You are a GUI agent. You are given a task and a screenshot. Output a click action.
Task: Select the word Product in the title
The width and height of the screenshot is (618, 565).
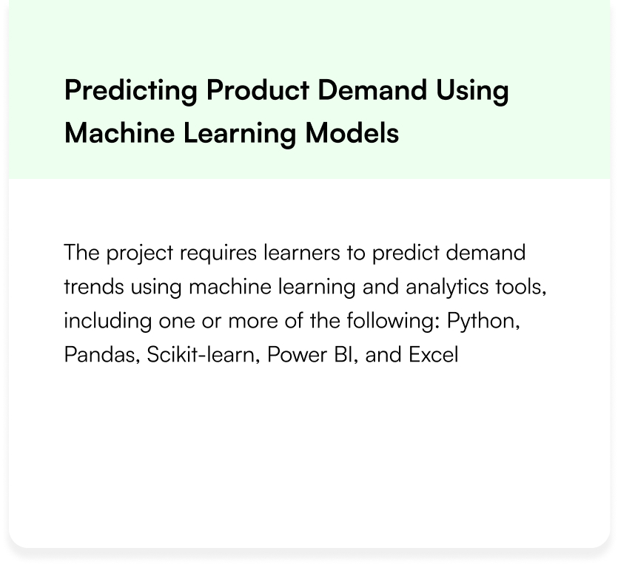click(258, 89)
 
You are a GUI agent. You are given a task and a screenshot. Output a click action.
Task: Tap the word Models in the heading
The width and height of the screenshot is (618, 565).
click(352, 132)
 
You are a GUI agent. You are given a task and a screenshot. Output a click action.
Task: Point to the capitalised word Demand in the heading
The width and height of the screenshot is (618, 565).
click(372, 89)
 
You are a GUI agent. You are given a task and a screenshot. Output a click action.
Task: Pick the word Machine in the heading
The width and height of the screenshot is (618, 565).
click(119, 132)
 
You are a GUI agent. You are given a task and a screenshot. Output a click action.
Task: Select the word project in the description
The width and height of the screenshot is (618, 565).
click(140, 254)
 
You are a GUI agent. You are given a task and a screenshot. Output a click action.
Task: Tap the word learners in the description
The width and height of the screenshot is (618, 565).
click(302, 252)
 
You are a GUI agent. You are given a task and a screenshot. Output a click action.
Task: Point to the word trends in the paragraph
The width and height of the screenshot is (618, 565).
click(94, 287)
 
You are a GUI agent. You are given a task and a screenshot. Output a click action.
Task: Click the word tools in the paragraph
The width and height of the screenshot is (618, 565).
click(520, 287)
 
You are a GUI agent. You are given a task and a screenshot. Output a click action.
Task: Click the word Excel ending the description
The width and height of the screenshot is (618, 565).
click(434, 355)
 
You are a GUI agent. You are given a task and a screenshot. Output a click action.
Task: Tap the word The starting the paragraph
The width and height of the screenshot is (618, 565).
click(82, 252)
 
